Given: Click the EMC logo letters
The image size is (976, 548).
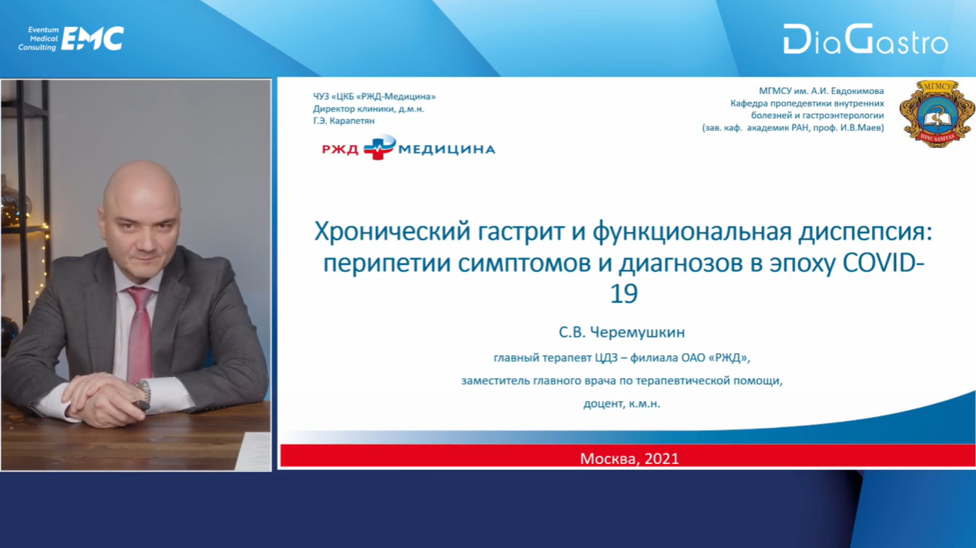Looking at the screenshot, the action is pos(92,39).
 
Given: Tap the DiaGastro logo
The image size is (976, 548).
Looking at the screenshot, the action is pos(865,39).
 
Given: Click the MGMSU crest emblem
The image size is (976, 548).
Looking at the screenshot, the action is pos(937,113).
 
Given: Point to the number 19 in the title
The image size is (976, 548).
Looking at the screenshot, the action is pos(623,294).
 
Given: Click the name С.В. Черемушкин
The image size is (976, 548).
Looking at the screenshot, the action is pos(622,332).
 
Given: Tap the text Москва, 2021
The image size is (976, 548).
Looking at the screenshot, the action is pos(629,458).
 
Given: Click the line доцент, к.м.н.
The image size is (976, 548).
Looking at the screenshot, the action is pos(622,404).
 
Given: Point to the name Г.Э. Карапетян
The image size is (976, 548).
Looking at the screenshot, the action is pos(344,121).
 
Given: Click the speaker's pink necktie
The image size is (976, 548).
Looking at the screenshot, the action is pos(139,332).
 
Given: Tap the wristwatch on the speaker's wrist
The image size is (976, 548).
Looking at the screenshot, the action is pos(143,391).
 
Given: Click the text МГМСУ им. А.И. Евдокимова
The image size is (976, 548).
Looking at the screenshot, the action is pos(821,91).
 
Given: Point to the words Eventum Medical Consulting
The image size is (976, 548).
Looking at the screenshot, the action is pos(39,39).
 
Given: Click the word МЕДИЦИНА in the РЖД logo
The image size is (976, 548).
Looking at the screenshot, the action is pos(447,150).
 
